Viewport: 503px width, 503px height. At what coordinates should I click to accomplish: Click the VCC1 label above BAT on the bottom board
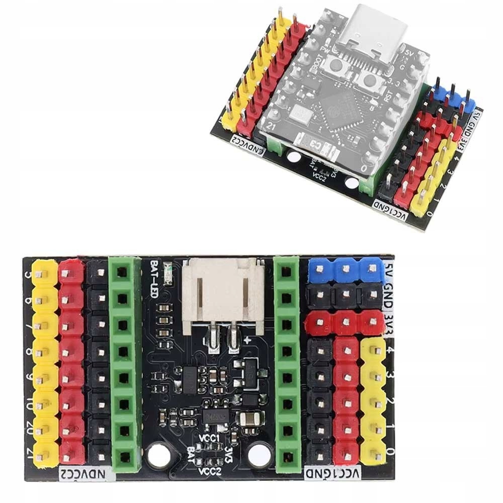(210, 439)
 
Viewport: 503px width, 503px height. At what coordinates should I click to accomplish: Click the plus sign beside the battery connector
(247, 340)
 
